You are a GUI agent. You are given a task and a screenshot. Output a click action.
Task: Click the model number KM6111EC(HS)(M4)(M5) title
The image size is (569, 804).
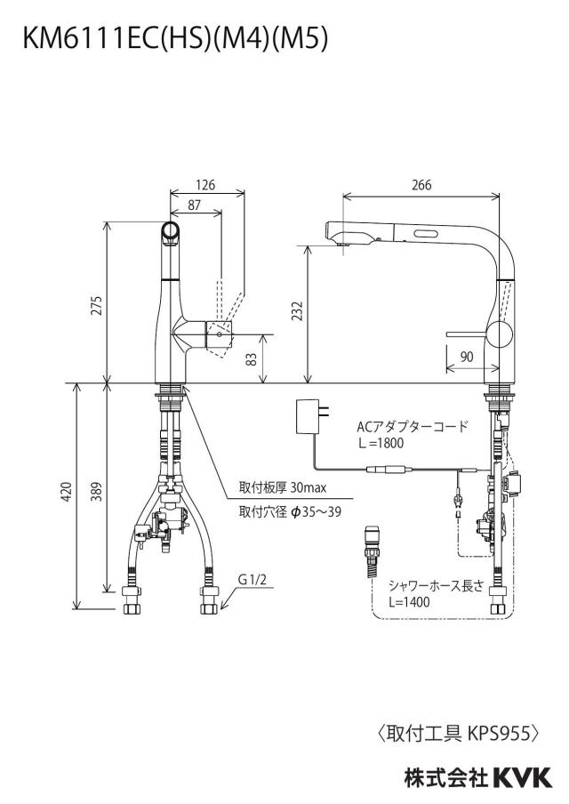click(174, 40)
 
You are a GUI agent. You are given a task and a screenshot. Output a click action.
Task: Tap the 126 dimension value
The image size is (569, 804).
click(205, 184)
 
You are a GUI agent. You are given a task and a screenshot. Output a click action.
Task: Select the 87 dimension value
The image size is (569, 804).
click(195, 205)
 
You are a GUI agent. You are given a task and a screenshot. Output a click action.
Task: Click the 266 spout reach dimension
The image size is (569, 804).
click(421, 184)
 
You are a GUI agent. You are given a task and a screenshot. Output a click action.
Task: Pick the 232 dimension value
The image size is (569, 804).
click(297, 311)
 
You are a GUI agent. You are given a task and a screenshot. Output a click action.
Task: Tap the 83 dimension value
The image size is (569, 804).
click(252, 359)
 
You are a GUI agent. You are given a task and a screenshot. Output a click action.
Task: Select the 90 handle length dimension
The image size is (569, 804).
click(467, 357)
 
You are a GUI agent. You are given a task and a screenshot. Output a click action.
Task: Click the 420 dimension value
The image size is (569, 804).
click(68, 491)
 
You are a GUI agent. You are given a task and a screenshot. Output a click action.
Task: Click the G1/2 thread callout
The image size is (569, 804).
click(252, 580)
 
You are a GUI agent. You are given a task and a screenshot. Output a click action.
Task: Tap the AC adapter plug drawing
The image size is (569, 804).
click(311, 416)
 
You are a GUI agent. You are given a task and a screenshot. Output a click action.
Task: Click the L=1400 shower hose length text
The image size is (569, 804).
click(409, 601)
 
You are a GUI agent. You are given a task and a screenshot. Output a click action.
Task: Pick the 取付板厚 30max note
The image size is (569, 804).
click(283, 487)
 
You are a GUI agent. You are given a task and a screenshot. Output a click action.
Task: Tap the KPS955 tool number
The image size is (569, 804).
click(499, 735)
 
